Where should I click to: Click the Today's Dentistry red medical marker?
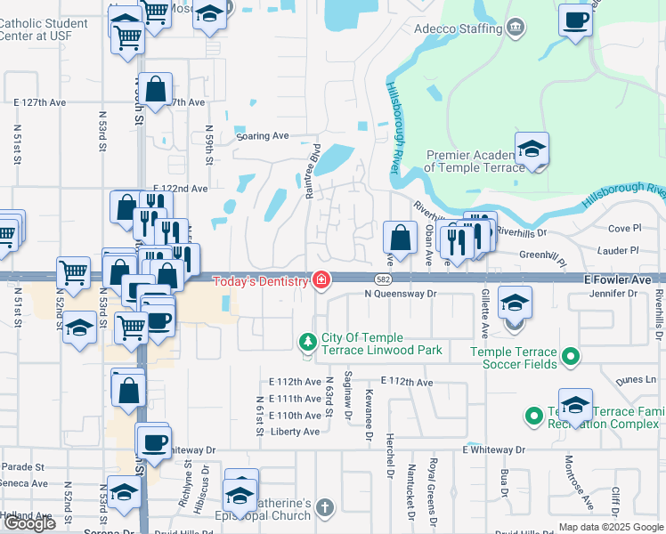[321, 281]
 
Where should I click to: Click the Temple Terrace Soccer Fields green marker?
[573, 358]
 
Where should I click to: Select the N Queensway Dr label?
[401, 293]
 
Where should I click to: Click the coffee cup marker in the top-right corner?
[576, 20]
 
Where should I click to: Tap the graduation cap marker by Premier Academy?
[532, 148]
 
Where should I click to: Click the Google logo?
[29, 523]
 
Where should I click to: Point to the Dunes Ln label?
[638, 379]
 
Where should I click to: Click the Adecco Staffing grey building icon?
[515, 28]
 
